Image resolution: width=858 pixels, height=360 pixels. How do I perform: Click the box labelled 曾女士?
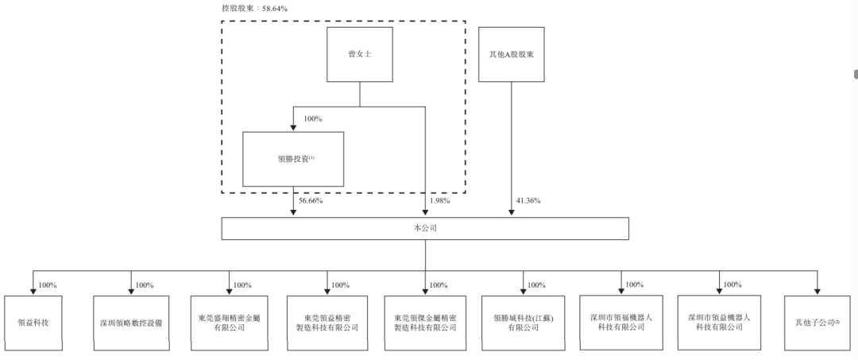pyautogui.click(x=360, y=55)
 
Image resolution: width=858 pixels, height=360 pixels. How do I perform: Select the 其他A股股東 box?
pyautogui.click(x=511, y=55)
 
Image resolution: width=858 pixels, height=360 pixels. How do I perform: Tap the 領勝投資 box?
pyautogui.click(x=293, y=159)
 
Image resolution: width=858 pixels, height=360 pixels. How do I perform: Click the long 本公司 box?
pyautogui.click(x=425, y=228)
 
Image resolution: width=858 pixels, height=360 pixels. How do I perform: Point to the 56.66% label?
pyautogui.click(x=311, y=201)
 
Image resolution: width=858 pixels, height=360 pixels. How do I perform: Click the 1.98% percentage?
pyautogui.click(x=439, y=201)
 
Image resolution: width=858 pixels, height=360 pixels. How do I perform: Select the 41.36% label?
pyautogui.click(x=528, y=201)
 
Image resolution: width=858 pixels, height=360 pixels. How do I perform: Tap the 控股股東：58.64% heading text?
pyautogui.click(x=254, y=8)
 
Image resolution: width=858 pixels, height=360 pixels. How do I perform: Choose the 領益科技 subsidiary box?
pyautogui.click(x=33, y=322)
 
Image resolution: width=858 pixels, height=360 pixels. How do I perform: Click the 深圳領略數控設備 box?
pyautogui.click(x=131, y=322)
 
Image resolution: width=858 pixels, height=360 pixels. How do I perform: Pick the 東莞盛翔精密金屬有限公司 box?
pyautogui.click(x=229, y=322)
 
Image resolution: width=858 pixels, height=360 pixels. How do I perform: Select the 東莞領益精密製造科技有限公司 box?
pyautogui.click(x=327, y=322)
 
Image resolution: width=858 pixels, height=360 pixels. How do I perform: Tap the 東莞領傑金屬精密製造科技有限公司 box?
pyautogui.click(x=425, y=322)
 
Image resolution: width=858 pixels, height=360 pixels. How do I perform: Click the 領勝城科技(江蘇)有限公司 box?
pyautogui.click(x=523, y=322)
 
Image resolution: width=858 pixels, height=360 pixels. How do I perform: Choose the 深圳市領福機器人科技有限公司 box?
pyautogui.click(x=621, y=322)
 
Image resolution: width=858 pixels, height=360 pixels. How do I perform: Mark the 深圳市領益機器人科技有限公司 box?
pyautogui.click(x=719, y=322)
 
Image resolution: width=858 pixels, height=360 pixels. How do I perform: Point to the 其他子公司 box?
pyautogui.click(x=817, y=322)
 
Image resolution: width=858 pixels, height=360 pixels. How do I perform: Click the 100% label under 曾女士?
pyautogui.click(x=313, y=119)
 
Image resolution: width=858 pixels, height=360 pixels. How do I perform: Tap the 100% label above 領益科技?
pyautogui.click(x=47, y=285)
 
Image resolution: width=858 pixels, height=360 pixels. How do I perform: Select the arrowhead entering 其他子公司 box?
pyautogui.click(x=817, y=292)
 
